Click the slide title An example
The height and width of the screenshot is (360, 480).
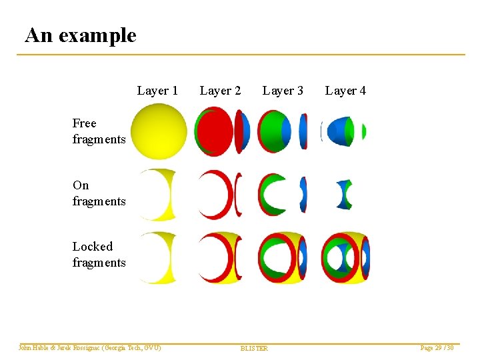tap(80, 35)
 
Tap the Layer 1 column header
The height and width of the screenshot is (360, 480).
tap(157, 91)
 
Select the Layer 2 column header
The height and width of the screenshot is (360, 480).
tap(220, 91)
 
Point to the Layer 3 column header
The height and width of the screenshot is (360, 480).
tap(283, 91)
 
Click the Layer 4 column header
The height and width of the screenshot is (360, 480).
tap(345, 91)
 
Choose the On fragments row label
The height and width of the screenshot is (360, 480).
tap(99, 193)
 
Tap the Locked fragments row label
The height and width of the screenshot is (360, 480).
tap(99, 255)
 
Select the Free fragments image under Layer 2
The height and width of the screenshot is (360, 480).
tap(223, 131)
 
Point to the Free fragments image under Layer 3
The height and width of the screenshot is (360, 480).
tap(283, 131)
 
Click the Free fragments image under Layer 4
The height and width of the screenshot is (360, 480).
tap(345, 131)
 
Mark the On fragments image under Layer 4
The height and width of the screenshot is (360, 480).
tap(345, 194)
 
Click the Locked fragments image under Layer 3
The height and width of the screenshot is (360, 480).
tap(283, 257)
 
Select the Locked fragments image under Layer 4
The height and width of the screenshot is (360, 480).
tap(345, 257)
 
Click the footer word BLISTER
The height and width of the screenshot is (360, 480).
tap(254, 349)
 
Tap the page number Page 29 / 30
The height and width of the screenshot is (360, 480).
tap(437, 348)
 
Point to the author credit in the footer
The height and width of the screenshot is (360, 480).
tap(90, 348)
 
